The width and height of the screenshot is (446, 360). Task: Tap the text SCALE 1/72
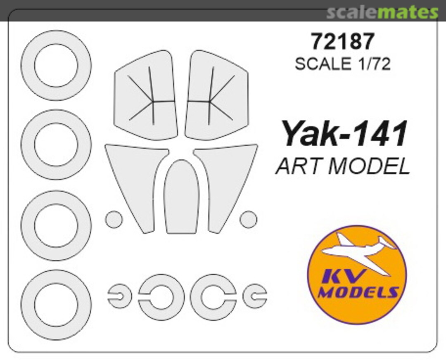342,64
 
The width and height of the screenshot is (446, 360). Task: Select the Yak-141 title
344,135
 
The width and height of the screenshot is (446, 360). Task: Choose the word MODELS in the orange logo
358,292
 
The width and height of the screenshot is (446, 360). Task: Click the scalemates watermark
382,12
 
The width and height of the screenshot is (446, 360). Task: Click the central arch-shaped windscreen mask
181,198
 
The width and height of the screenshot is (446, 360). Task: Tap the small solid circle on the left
114,219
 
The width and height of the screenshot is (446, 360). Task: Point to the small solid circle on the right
249,219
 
